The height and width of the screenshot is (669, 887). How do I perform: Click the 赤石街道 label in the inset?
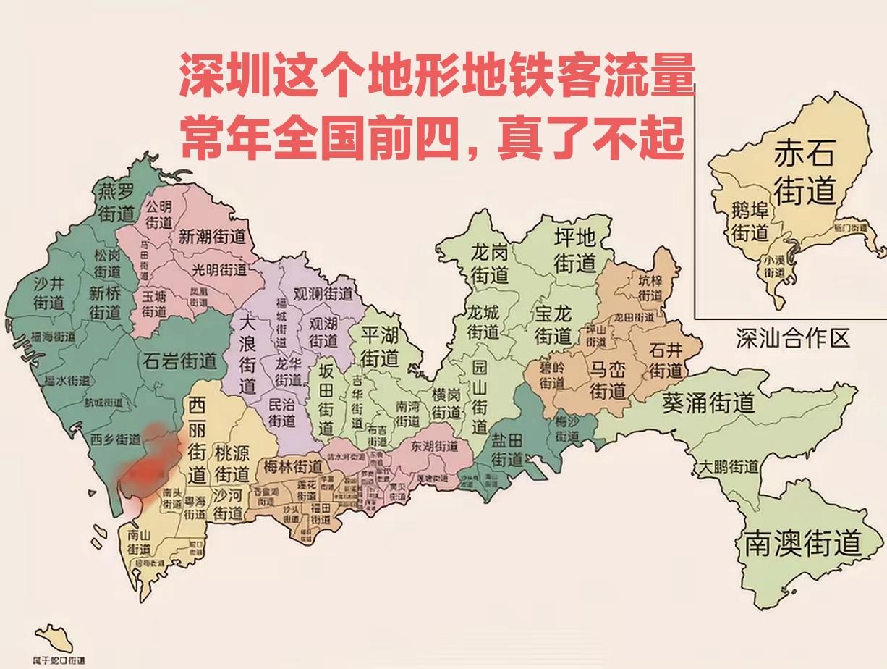coord(805,172)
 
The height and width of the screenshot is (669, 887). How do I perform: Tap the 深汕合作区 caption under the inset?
coord(792,338)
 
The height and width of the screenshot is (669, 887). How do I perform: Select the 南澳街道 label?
coord(803,543)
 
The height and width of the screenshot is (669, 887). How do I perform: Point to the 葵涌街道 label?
coord(708,403)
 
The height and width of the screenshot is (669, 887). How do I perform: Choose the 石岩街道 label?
coord(180,359)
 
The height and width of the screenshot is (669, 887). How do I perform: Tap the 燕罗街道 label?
coord(116,202)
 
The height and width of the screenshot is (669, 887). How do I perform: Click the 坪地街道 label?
coord(574,250)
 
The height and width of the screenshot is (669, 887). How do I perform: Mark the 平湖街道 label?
coord(381,345)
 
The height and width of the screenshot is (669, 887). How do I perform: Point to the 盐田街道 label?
coord(507,450)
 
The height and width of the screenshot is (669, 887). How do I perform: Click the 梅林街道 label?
coord(293,466)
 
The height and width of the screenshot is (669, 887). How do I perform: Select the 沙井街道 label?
coord(49,293)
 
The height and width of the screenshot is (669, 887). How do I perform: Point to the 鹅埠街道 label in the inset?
coord(750,222)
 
